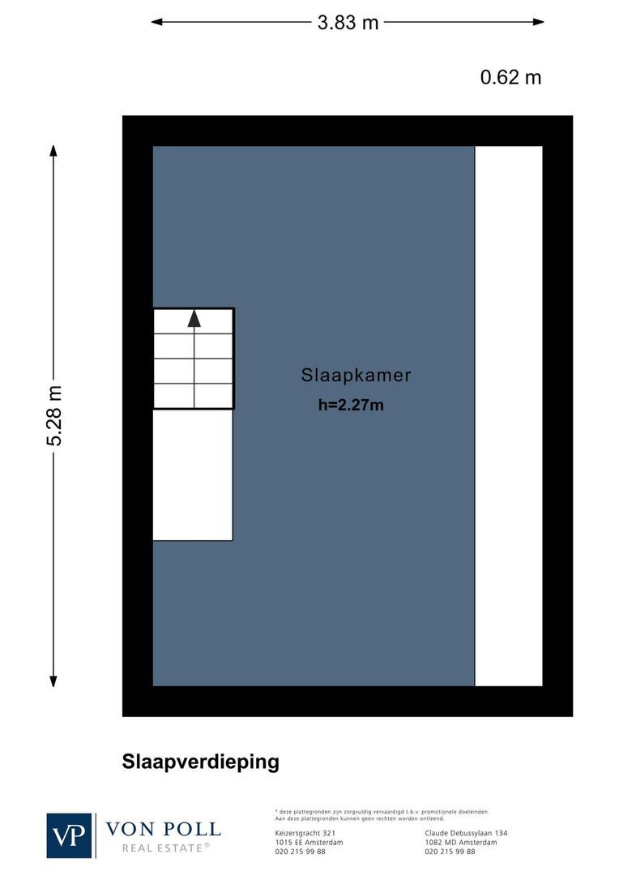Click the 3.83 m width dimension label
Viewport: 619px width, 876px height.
click(348, 23)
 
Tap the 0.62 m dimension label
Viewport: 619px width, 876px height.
click(510, 77)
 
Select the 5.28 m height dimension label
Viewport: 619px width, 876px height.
click(54, 415)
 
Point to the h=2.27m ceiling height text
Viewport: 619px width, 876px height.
click(351, 405)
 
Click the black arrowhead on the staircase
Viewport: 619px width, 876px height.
click(194, 318)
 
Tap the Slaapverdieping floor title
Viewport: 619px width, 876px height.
click(200, 762)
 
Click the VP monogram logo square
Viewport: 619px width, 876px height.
click(70, 835)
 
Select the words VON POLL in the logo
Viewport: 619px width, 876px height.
click(163, 829)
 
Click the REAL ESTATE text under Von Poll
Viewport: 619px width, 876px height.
click(165, 848)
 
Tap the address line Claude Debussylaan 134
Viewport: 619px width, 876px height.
click(466, 833)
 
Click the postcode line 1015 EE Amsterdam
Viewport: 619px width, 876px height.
click(309, 842)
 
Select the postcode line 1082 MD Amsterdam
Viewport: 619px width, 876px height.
click(460, 842)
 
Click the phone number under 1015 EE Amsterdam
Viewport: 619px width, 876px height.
click(300, 852)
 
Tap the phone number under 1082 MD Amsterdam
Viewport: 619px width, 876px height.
click(450, 852)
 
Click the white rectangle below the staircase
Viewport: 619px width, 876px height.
click(193, 474)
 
